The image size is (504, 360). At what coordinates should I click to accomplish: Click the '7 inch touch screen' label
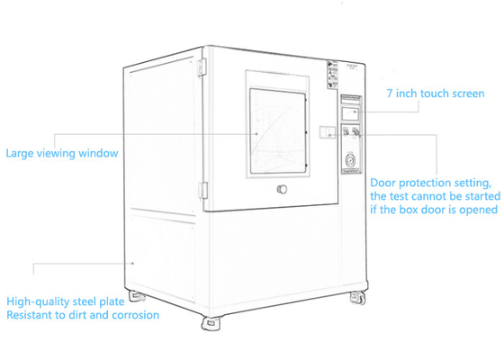436,94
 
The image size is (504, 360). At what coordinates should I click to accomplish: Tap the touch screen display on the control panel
351,113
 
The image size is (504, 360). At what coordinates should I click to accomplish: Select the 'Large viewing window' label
62,153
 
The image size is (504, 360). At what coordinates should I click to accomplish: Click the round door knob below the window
282,189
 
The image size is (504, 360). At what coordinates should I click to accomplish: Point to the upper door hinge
202,67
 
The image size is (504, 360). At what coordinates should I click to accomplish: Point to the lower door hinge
202,191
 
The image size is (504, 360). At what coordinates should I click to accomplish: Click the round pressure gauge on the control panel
350,160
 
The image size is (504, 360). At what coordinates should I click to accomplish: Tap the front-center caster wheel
211,323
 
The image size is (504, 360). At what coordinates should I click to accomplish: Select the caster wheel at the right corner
358,298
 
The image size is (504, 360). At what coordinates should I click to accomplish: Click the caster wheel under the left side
137,296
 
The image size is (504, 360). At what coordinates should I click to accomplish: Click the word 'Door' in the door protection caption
382,183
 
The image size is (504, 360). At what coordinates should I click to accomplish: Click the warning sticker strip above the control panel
333,75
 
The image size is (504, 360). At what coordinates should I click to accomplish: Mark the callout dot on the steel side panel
132,264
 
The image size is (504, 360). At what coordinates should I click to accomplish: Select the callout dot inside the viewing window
256,134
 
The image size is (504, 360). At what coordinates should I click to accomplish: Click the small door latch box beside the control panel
328,132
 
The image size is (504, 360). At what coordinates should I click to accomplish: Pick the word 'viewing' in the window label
57,153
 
